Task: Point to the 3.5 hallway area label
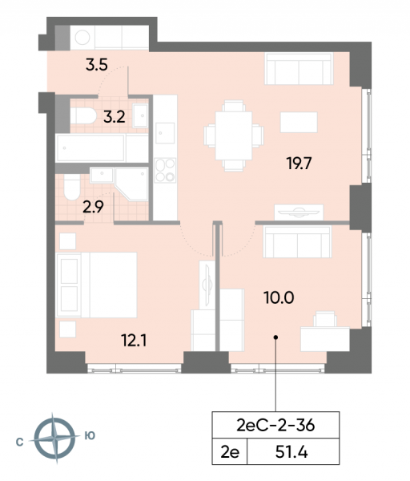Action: point(96,65)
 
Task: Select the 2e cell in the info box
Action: point(229,453)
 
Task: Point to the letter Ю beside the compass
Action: point(90,437)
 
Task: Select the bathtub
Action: point(102,148)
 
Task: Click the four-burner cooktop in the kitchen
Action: point(164,171)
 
